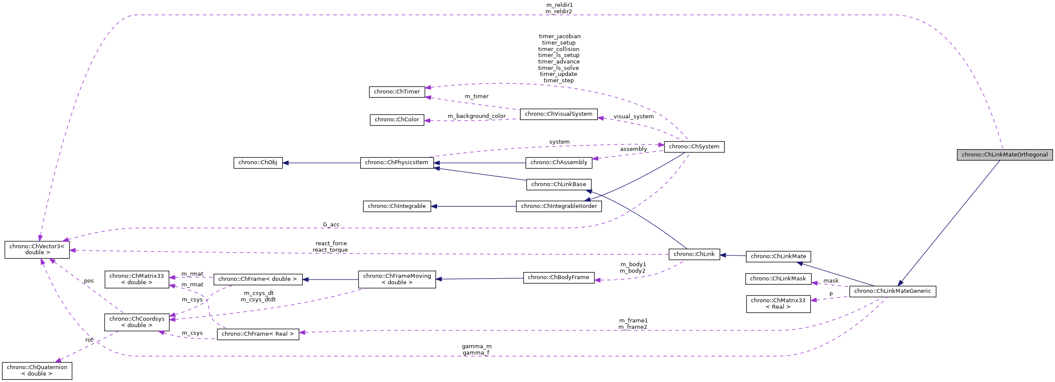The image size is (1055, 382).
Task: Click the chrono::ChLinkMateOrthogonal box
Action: [x=1004, y=155]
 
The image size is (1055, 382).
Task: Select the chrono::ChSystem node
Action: [x=694, y=147]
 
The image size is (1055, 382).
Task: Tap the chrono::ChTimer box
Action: [x=397, y=92]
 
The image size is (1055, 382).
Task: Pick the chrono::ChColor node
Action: [x=397, y=120]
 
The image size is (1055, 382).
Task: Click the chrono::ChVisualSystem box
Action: [x=558, y=114]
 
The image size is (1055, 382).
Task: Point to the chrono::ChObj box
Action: [x=258, y=162]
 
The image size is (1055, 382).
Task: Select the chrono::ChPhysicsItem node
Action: [x=397, y=162]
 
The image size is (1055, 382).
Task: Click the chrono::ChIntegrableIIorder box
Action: [x=559, y=206]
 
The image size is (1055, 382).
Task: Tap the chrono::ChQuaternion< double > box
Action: [x=37, y=370]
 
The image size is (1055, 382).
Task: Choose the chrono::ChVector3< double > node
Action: [x=37, y=250]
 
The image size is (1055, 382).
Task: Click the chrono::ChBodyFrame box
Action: [x=558, y=277]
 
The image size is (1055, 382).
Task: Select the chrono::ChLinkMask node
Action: [x=778, y=279]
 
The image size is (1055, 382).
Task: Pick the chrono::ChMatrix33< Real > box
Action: [x=778, y=304]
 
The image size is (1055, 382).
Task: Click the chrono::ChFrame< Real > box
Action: [x=258, y=334]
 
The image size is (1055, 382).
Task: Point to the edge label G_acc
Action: [x=331, y=225]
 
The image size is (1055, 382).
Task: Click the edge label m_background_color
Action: [x=476, y=116]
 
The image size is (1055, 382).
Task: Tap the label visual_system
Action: [x=633, y=117]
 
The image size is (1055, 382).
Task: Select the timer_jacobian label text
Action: [x=560, y=36]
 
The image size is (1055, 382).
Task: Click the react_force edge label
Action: [x=331, y=244]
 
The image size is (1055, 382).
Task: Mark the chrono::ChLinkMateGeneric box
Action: [x=892, y=291]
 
